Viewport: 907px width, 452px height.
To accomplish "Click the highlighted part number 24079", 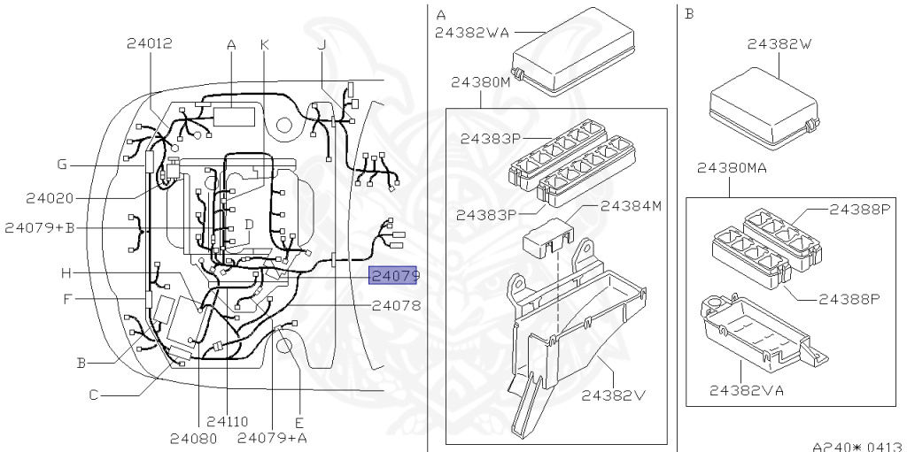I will pyautogui.click(x=393, y=276).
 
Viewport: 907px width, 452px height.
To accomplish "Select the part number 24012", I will pyautogui.click(x=149, y=43).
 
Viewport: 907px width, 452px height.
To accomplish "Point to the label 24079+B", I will pyautogui.click(x=39, y=227).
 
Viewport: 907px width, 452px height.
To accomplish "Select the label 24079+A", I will pyautogui.click(x=272, y=437).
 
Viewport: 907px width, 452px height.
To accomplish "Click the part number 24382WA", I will pyautogui.click(x=474, y=34).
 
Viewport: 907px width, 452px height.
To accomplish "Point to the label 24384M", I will pyautogui.click(x=630, y=206).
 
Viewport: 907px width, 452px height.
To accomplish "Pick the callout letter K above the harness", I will pyautogui.click(x=264, y=44).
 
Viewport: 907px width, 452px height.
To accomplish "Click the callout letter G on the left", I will pyautogui.click(x=62, y=164).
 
